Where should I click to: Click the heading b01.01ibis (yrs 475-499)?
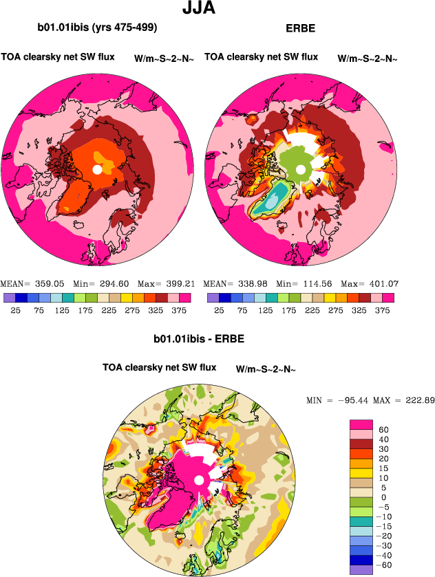pyautogui.click(x=98, y=28)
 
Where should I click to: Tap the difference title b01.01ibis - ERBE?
pyautogui.click(x=199, y=340)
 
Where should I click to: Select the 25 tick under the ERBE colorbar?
pyautogui.click(x=218, y=310)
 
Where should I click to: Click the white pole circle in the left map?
pyautogui.click(x=97, y=169)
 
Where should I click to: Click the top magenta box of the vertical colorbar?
pyautogui.click(x=362, y=424)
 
